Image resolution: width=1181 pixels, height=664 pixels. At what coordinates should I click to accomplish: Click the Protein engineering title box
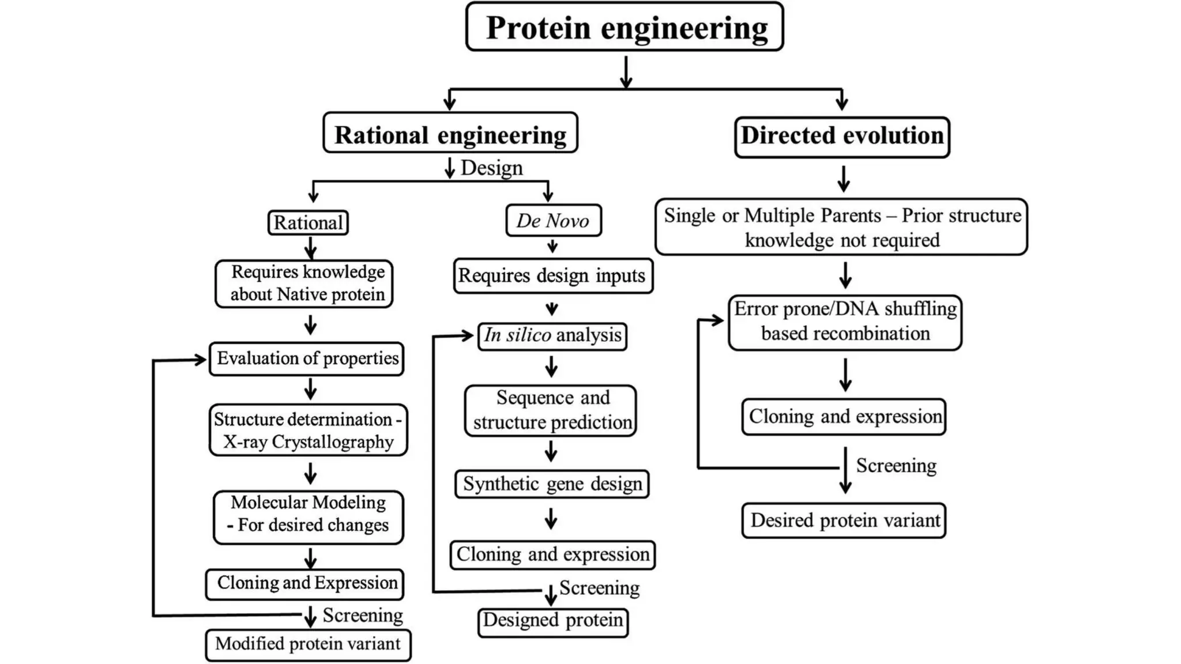tap(625, 27)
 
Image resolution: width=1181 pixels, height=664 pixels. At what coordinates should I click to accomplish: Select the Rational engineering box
tap(450, 134)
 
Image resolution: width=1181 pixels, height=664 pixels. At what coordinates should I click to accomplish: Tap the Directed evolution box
tap(842, 137)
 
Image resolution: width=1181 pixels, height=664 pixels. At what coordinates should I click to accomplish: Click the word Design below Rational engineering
tap(491, 168)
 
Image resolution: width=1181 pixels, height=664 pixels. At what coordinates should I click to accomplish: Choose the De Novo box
tap(553, 221)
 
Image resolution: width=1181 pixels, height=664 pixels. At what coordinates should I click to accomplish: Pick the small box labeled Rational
tap(308, 222)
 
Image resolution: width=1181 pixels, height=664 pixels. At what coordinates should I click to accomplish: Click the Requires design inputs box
tap(552, 276)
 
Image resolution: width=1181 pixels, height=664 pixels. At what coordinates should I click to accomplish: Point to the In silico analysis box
tap(552, 335)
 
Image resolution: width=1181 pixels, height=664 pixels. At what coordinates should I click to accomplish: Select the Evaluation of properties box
tap(307, 359)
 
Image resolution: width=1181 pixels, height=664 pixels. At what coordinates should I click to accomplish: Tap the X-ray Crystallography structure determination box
tap(308, 430)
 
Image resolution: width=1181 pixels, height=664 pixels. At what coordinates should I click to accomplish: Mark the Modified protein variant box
tap(308, 644)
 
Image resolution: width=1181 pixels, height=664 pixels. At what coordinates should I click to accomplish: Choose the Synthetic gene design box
tap(552, 484)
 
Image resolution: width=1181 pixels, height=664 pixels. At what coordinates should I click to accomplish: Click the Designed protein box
tap(552, 621)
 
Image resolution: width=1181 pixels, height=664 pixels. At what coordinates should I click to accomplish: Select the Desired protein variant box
tap(844, 520)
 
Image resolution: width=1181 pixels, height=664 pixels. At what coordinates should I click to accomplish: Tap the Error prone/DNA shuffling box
tap(845, 322)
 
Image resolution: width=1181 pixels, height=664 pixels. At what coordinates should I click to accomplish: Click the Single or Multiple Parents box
tap(841, 227)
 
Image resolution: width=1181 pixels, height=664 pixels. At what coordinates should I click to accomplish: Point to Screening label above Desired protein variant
tap(896, 465)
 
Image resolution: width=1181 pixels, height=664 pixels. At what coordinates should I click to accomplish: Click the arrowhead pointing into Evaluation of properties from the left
tap(201, 360)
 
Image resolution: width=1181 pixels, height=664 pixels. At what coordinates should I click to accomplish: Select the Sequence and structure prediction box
tap(551, 410)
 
